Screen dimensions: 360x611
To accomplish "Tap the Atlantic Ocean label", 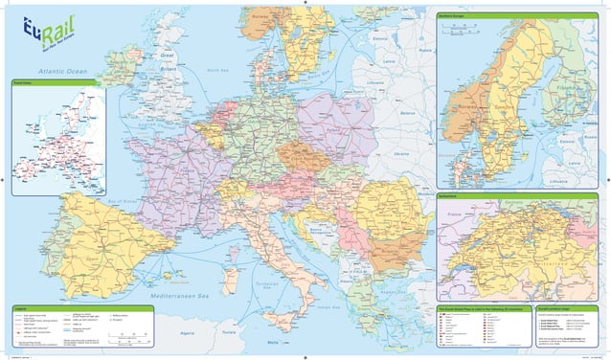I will point(64,72).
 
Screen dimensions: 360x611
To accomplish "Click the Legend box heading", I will point(20,307).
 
